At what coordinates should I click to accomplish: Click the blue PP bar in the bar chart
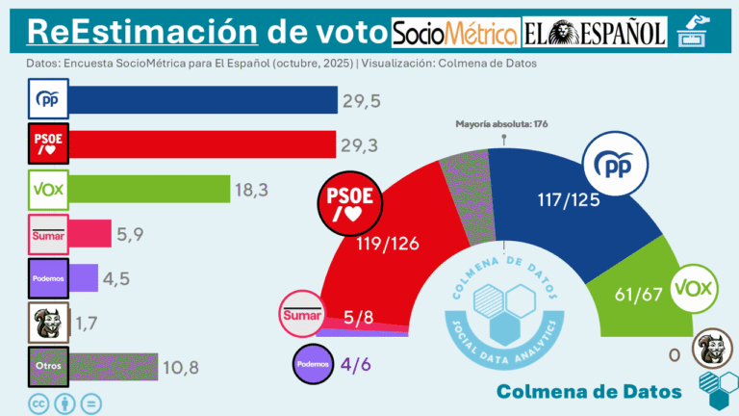[x=202, y=100]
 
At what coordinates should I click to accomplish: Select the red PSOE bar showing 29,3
[x=202, y=144]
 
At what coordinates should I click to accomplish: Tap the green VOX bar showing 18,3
[x=149, y=189]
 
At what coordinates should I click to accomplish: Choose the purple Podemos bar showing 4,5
[x=84, y=277]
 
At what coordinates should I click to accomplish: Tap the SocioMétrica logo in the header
[x=455, y=35]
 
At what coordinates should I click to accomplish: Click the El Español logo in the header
[x=595, y=35]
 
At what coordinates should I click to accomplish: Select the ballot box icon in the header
[x=692, y=33]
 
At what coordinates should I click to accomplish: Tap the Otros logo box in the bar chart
[x=47, y=366]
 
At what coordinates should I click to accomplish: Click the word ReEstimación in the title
[x=142, y=32]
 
